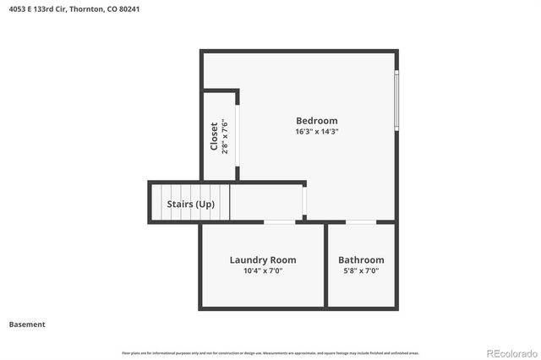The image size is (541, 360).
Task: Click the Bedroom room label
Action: (x=316, y=121)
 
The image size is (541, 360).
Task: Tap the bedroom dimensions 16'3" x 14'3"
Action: (x=316, y=132)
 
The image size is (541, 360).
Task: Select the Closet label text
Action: (x=214, y=137)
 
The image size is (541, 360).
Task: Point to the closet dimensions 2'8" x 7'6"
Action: (x=225, y=137)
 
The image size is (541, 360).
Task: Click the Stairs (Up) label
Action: (x=190, y=205)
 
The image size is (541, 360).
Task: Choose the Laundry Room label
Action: (x=263, y=260)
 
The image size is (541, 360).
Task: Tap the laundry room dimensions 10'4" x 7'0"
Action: (x=263, y=271)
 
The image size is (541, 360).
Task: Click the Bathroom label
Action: (x=361, y=260)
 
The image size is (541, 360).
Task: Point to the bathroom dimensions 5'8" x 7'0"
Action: (x=361, y=271)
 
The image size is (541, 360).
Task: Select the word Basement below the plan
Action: (x=27, y=325)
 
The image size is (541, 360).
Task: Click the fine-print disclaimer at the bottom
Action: (x=270, y=352)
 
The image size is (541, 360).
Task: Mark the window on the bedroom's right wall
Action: (x=396, y=100)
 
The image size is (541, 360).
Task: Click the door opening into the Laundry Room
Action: (x=279, y=222)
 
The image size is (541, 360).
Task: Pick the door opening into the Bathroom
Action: (x=361, y=222)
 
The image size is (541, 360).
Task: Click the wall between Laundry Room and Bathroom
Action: (x=326, y=265)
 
